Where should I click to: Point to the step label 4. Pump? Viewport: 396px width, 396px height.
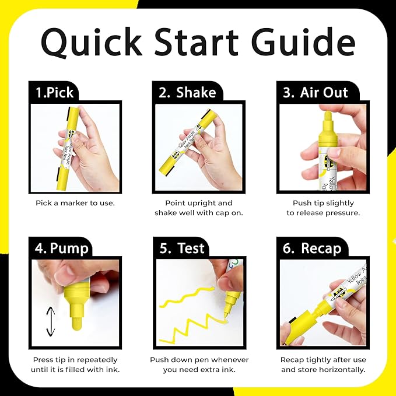[x=61, y=248]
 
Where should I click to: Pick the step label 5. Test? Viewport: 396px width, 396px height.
[x=182, y=248]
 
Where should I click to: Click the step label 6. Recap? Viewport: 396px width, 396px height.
[x=313, y=248]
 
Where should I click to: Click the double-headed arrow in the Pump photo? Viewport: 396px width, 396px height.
[x=51, y=321]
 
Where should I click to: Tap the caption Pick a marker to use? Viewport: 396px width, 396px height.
[x=75, y=203]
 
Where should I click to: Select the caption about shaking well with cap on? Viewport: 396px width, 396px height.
[x=198, y=208]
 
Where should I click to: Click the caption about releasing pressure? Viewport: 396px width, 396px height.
[x=323, y=208]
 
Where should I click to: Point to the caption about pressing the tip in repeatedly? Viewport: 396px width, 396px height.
[x=75, y=365]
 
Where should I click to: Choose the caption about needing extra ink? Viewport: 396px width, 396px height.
[x=198, y=365]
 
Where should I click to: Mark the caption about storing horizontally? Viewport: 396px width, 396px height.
[x=323, y=365]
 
